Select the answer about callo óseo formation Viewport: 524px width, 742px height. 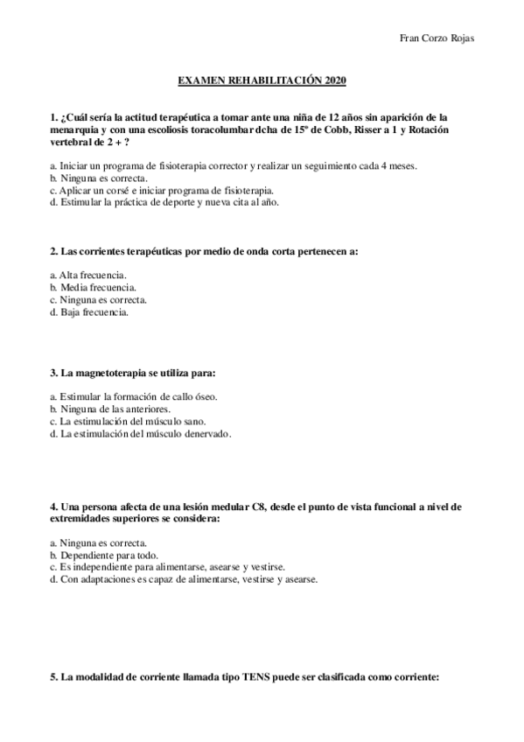coord(134,396)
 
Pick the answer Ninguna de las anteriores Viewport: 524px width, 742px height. coord(110,409)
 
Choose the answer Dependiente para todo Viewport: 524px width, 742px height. coord(104,555)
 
